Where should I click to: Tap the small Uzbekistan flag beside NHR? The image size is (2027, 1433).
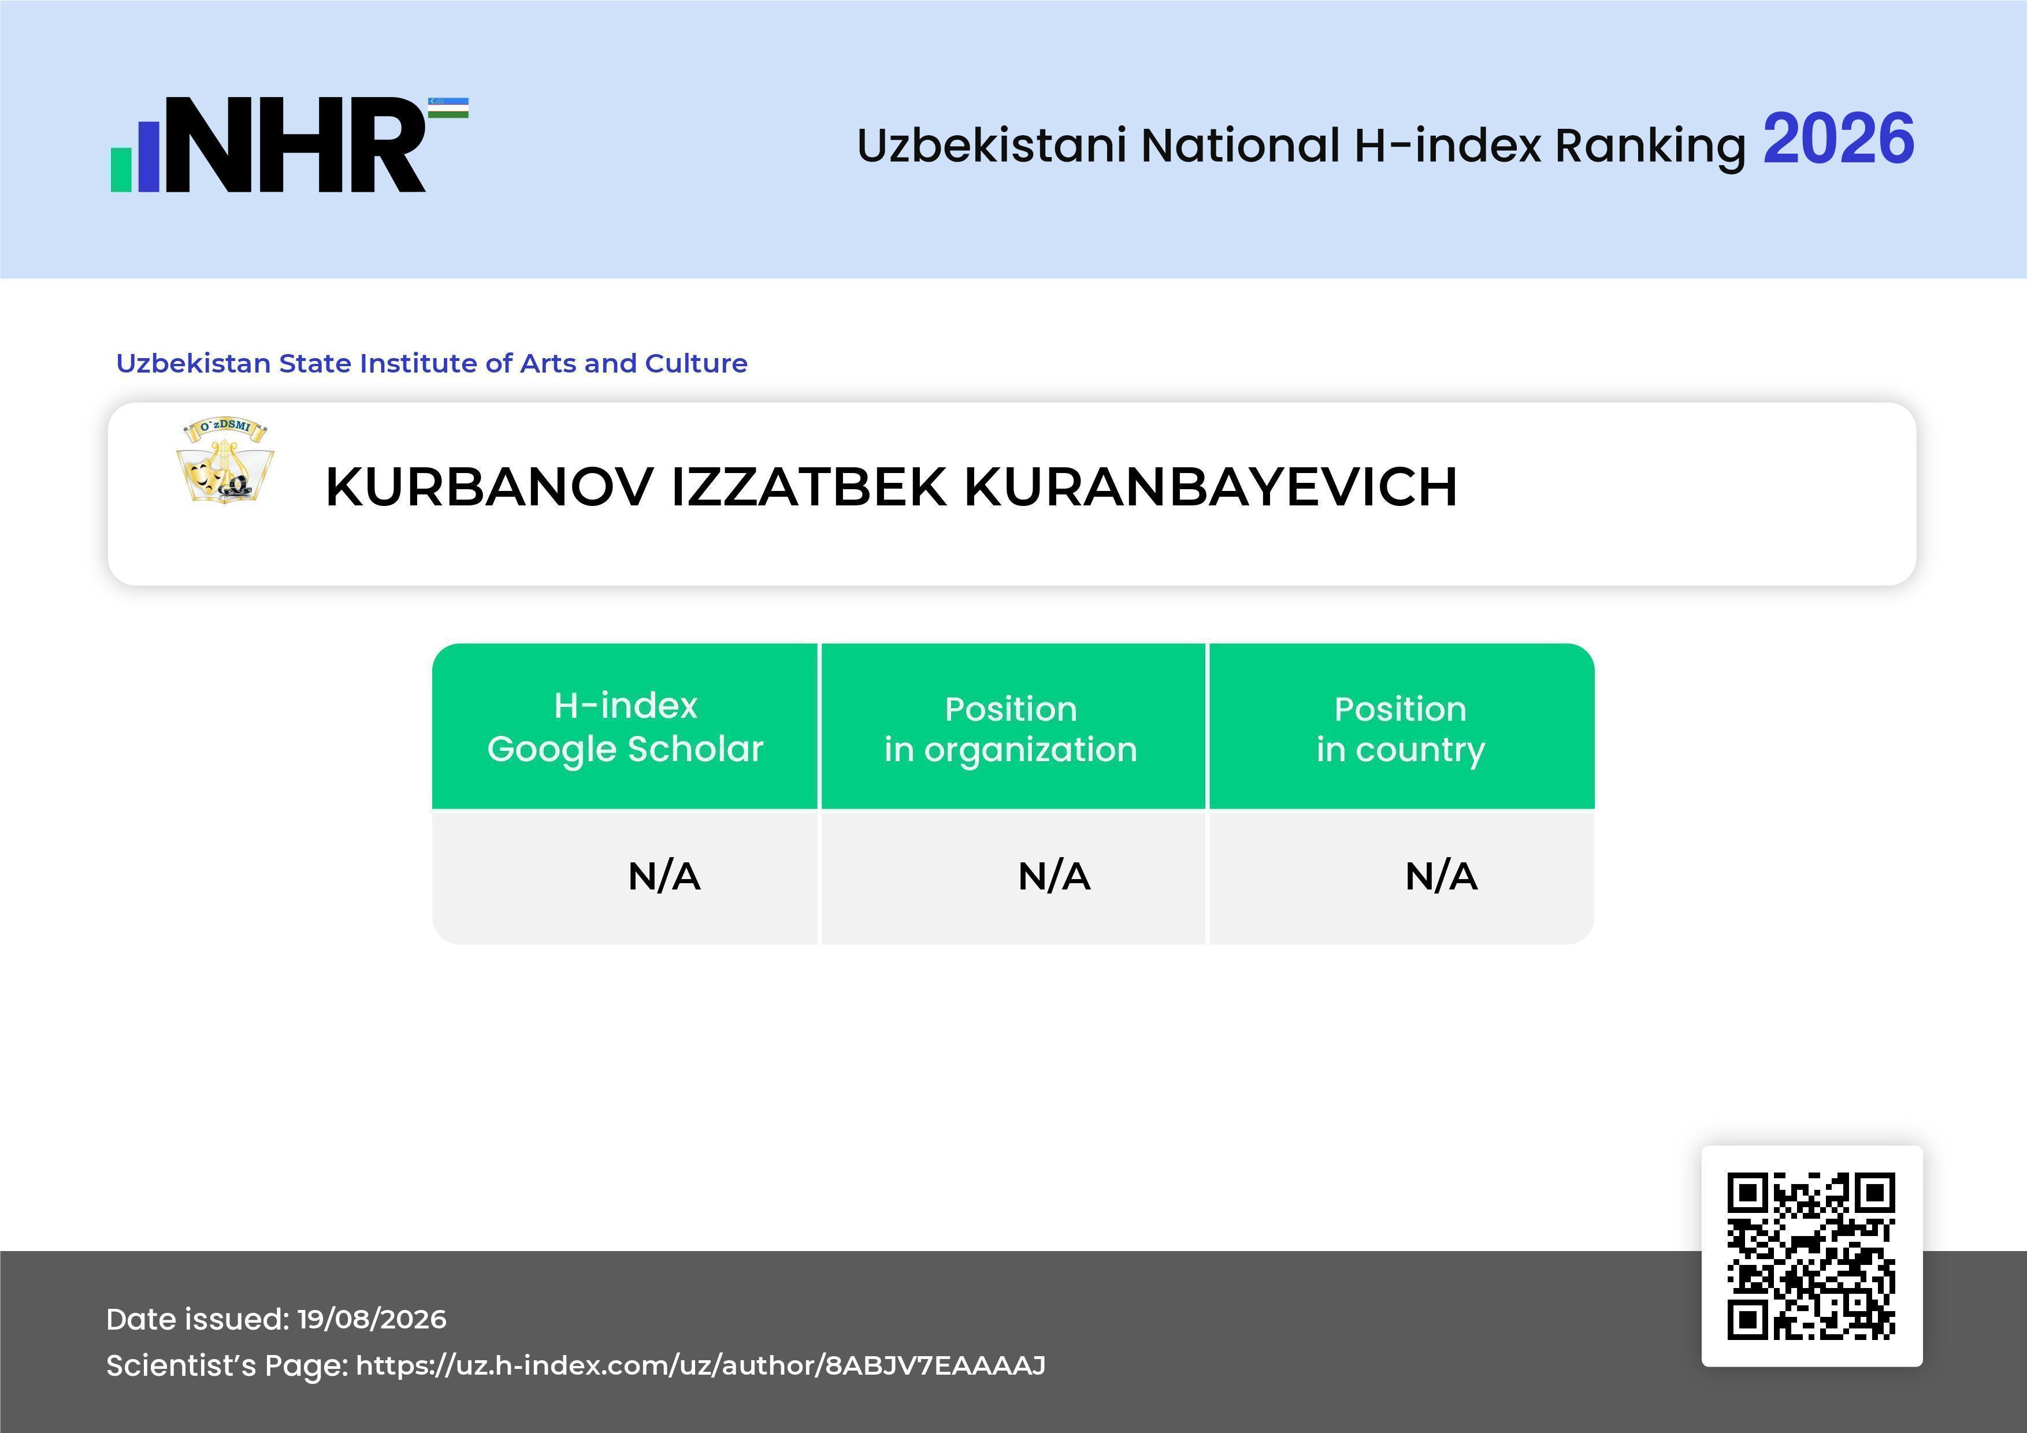click(x=448, y=107)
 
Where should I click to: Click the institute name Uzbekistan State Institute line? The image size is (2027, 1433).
click(x=432, y=363)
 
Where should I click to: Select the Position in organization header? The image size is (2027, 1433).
click(x=1011, y=729)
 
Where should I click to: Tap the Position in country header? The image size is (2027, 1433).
click(x=1400, y=729)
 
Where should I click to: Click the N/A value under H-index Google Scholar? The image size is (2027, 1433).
click(x=664, y=876)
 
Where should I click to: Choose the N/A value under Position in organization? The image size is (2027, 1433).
click(x=1054, y=876)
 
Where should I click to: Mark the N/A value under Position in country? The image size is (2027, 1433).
click(x=1441, y=876)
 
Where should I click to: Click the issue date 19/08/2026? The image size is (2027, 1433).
click(x=372, y=1319)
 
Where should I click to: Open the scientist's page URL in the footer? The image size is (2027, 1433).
click(x=701, y=1365)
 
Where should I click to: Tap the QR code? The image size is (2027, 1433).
click(x=1811, y=1256)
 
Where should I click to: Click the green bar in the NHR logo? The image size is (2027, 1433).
click(x=120, y=169)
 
